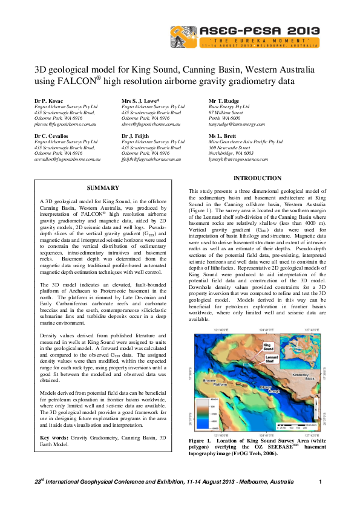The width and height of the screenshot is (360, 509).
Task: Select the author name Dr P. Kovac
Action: click(49, 101)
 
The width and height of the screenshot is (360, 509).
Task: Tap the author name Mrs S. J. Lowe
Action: click(140, 101)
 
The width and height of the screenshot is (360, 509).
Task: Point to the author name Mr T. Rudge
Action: click(224, 101)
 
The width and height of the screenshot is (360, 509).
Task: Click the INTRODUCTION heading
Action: click(257, 178)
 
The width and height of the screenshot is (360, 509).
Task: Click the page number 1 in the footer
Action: click(319, 482)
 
